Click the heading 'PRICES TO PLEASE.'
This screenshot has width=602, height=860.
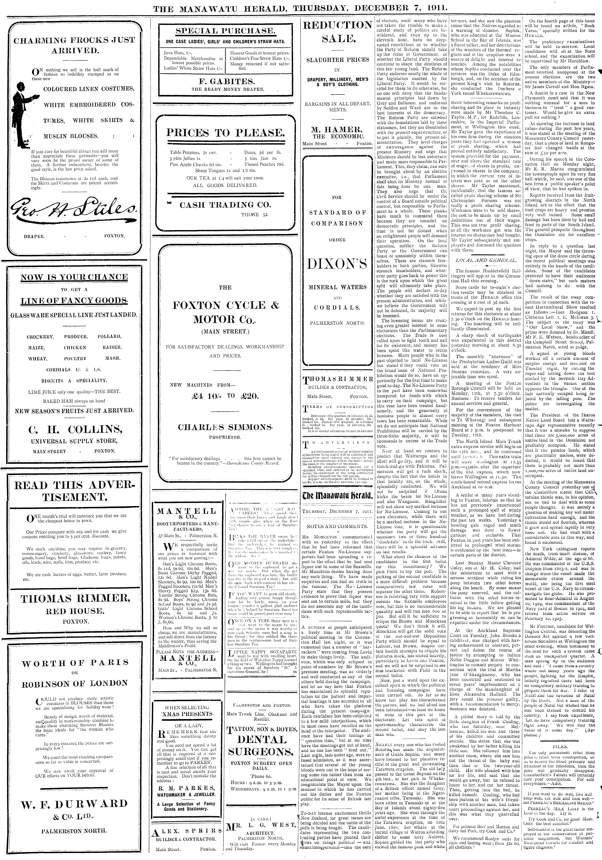click(225, 133)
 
